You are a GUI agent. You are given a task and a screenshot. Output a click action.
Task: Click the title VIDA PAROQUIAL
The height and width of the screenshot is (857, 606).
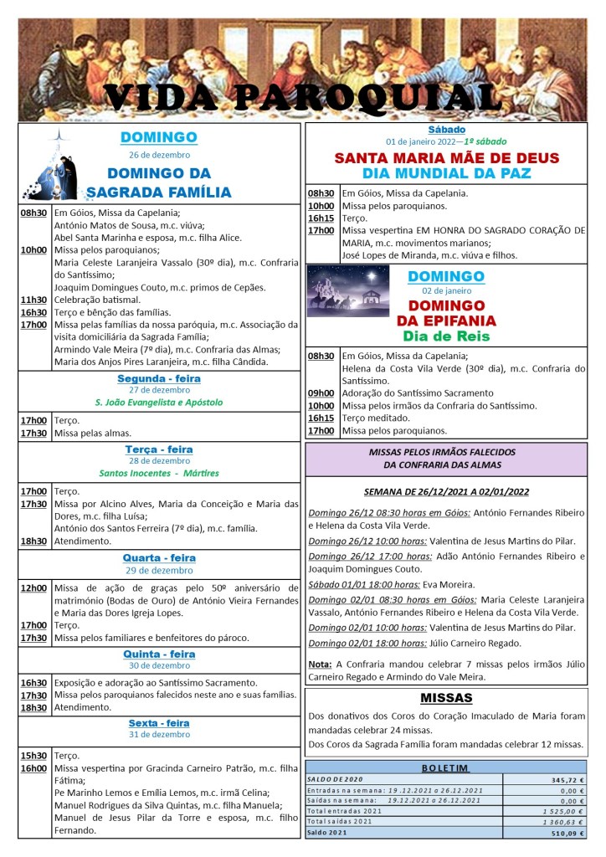pos(302,98)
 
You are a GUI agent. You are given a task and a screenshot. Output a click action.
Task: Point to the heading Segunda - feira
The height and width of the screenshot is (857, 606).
pos(159,378)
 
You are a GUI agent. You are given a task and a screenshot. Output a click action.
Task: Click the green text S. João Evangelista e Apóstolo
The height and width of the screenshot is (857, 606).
pos(159,402)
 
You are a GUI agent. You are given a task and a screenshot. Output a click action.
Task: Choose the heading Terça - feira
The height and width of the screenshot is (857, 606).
pos(159,449)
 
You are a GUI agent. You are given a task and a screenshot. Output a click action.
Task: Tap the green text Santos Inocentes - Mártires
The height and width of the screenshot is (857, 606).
pos(159,473)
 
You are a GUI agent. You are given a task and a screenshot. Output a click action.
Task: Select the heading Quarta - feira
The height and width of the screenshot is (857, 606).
pos(159,557)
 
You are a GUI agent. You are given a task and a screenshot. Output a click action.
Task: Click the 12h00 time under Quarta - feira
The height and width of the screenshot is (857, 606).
pos(33,588)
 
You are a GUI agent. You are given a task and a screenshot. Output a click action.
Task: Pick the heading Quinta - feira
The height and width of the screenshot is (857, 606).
pos(159,654)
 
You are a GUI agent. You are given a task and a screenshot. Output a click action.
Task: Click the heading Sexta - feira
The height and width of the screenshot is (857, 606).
pos(159,723)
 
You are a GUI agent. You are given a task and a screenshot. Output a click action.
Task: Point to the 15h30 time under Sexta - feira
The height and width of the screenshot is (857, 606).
pos(33,754)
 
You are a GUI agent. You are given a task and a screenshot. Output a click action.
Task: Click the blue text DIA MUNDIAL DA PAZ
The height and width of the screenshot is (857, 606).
pos(447,173)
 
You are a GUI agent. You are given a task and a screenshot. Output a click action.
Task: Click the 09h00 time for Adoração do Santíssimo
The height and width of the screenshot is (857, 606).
pos(321,393)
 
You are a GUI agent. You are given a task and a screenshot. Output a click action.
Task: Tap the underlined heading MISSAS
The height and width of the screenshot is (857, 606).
pos(446,698)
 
